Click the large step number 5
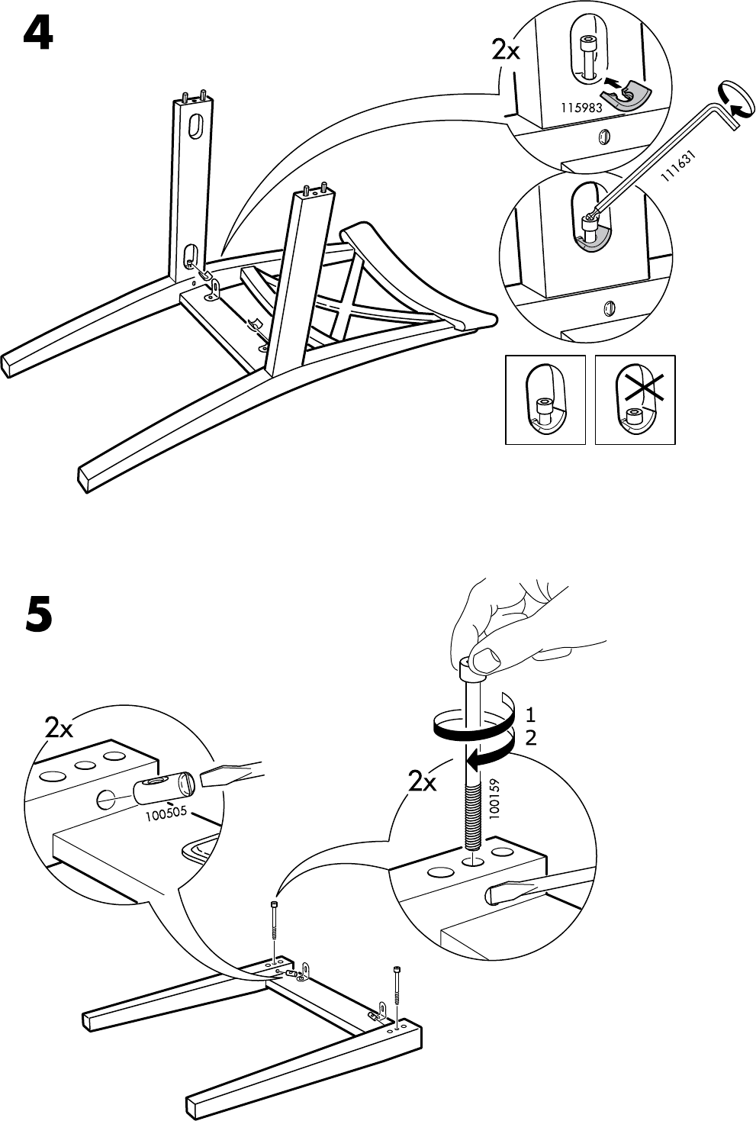click(38, 613)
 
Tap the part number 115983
click(581, 108)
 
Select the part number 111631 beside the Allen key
click(678, 166)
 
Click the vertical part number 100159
click(494, 798)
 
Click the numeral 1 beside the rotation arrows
click(531, 714)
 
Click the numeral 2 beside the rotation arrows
click(531, 738)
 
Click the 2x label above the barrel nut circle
click(59, 729)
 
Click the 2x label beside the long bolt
click(423, 781)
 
